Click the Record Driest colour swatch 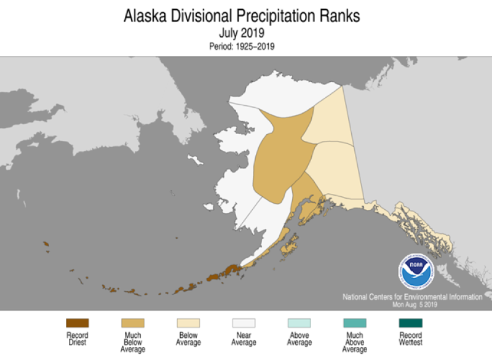[77, 323]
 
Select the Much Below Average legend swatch [133, 323]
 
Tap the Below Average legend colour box [188, 323]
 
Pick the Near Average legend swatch [244, 323]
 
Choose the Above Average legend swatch [299, 323]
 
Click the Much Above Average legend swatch [354, 323]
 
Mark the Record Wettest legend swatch [410, 323]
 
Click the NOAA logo [416, 271]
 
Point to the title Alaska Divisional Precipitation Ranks [242, 15]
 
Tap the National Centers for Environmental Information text [413, 297]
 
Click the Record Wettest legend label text [410, 338]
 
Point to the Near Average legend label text [244, 338]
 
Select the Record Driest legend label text [77, 338]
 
